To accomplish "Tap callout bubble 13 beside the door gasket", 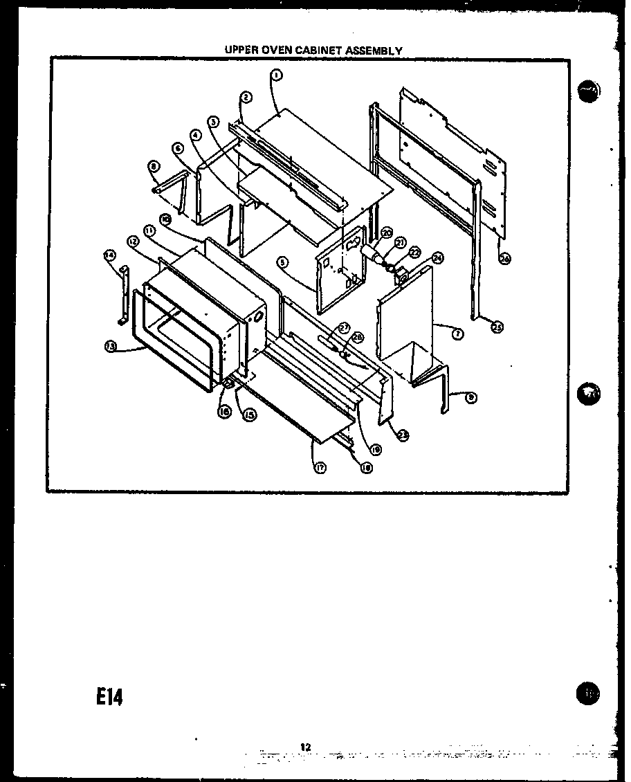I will [x=110, y=347].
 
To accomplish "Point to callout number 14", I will [x=109, y=255].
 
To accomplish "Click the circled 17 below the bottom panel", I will [x=321, y=467].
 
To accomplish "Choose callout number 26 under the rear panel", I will [x=505, y=259].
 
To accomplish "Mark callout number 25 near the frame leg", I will [x=496, y=327].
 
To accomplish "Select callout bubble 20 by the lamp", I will [x=386, y=233].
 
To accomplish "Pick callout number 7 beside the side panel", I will [x=457, y=335].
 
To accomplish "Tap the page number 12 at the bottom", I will [x=306, y=746].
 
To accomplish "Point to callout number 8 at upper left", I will [x=153, y=165].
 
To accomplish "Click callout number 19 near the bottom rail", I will [x=376, y=449].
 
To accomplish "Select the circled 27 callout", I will [x=344, y=327].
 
